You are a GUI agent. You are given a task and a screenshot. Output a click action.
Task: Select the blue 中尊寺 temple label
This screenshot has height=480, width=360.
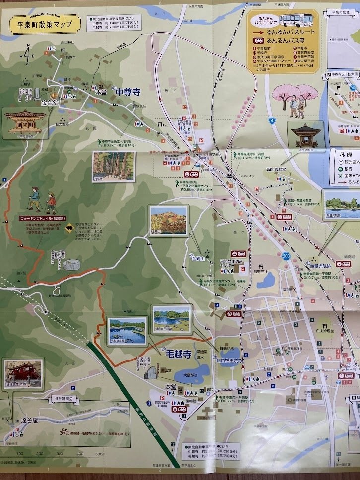click(127, 92)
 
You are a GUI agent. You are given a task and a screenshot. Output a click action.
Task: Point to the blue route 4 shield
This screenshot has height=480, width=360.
click(272, 120)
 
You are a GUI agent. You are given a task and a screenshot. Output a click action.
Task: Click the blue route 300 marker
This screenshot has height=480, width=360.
click(286, 257)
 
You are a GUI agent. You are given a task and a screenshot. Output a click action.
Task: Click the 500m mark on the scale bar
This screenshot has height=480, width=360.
click(100, 454)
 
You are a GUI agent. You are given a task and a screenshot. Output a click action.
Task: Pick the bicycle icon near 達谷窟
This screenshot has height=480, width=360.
click(64, 431)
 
